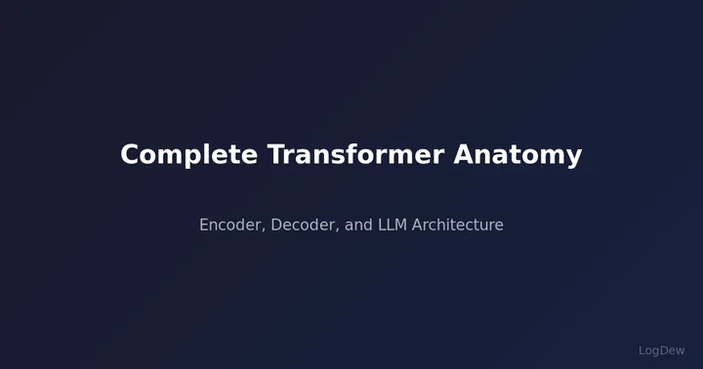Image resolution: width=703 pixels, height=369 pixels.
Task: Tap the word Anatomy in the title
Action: click(517, 155)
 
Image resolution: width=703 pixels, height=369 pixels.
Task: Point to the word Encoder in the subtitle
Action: click(230, 225)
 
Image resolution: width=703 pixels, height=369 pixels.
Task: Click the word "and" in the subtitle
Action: click(358, 225)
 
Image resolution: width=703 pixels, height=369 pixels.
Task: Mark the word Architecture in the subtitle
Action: click(458, 225)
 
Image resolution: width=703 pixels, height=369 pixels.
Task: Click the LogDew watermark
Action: click(662, 350)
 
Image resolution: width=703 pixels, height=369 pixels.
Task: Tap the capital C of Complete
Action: click(130, 155)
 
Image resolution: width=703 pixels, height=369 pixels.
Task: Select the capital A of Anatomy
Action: click(463, 155)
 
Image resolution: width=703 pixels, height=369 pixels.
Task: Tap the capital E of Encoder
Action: click(204, 225)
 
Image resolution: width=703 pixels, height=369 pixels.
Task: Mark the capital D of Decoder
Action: click(276, 225)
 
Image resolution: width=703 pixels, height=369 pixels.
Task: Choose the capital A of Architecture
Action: click(418, 225)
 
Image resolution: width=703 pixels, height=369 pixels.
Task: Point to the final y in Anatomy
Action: click(575, 158)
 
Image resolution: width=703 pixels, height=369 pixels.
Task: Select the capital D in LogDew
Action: click(665, 350)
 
